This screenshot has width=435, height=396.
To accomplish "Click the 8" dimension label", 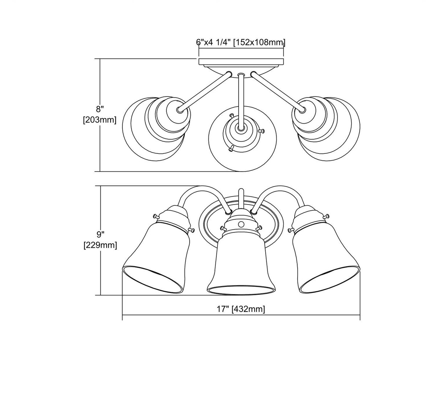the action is pos(99,109).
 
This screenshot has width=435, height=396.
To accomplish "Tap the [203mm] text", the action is pos(100,120).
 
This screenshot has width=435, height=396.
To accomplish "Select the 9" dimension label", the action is pos(100,235).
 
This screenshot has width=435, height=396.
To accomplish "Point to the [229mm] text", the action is pos(100,245).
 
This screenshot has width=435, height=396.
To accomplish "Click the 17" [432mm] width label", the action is pos(241,309).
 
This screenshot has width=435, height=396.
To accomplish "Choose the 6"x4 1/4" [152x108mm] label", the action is pos(241,42).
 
